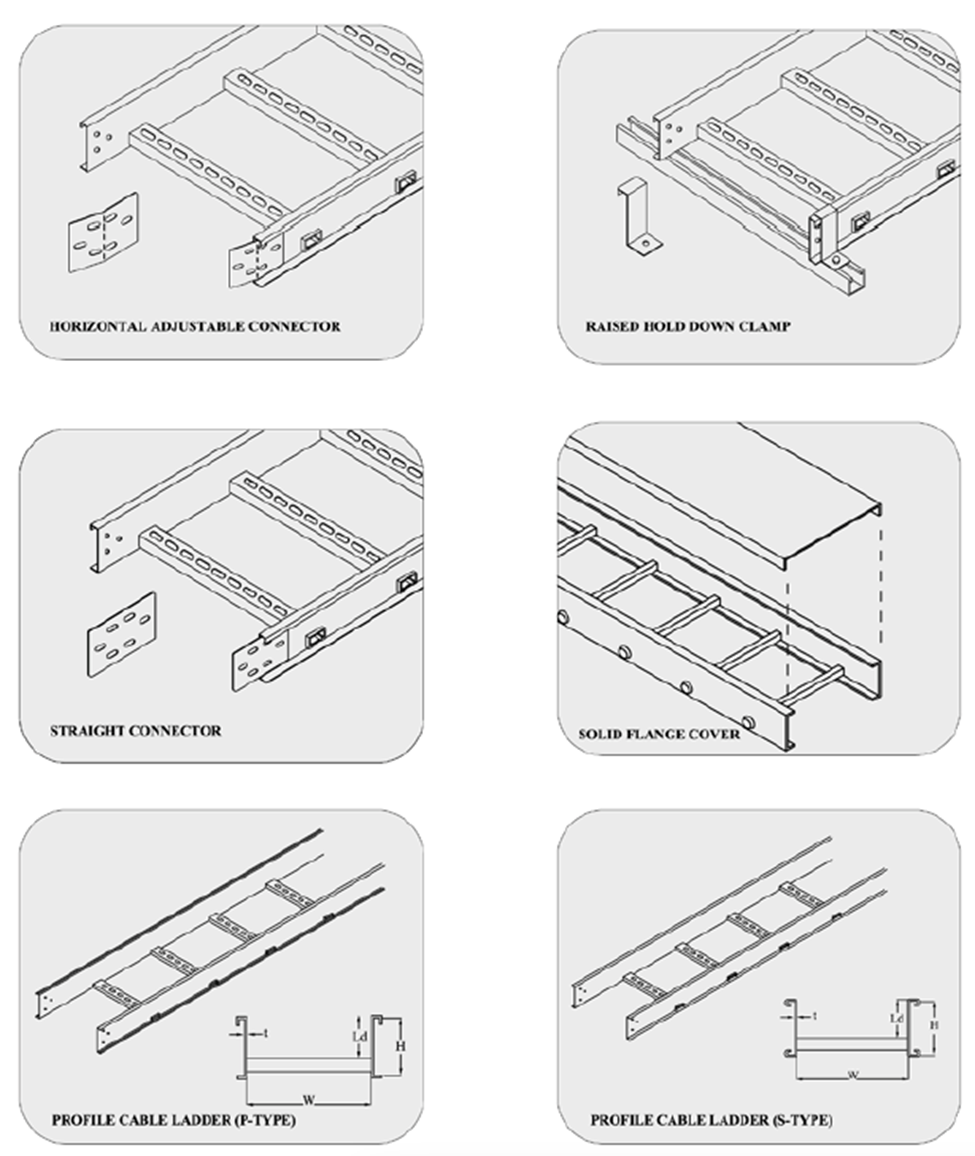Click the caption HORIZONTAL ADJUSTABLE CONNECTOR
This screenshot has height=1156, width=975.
click(x=196, y=326)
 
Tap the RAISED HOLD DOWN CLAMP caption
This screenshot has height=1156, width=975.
click(x=688, y=326)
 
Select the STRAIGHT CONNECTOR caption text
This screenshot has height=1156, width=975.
click(x=136, y=731)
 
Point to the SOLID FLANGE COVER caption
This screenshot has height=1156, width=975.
click(x=660, y=734)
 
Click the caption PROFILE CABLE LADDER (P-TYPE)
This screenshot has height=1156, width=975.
click(x=174, y=1120)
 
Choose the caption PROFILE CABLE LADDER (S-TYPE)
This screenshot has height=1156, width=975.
click(x=711, y=1120)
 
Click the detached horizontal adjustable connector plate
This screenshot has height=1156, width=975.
click(x=102, y=232)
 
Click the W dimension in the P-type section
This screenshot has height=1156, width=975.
click(x=309, y=1100)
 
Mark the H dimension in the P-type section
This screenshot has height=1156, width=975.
click(x=400, y=1044)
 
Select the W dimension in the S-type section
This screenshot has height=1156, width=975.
click(x=853, y=1075)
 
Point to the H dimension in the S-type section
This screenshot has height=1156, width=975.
click(x=934, y=1024)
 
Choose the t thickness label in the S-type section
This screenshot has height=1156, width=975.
click(x=815, y=1015)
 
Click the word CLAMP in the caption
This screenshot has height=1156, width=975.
click(x=765, y=326)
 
